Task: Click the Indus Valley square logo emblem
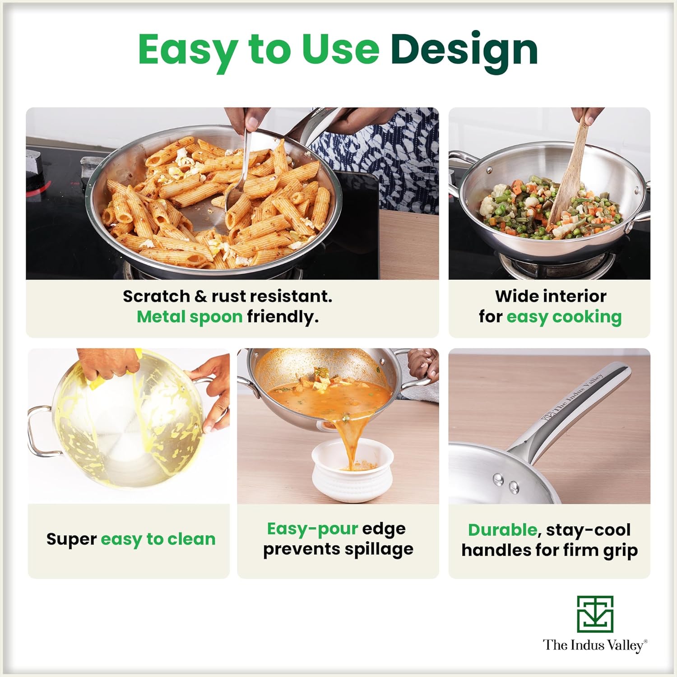595,614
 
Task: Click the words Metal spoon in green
190,317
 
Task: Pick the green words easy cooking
564,317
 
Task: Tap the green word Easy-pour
312,529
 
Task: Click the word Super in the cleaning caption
71,539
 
